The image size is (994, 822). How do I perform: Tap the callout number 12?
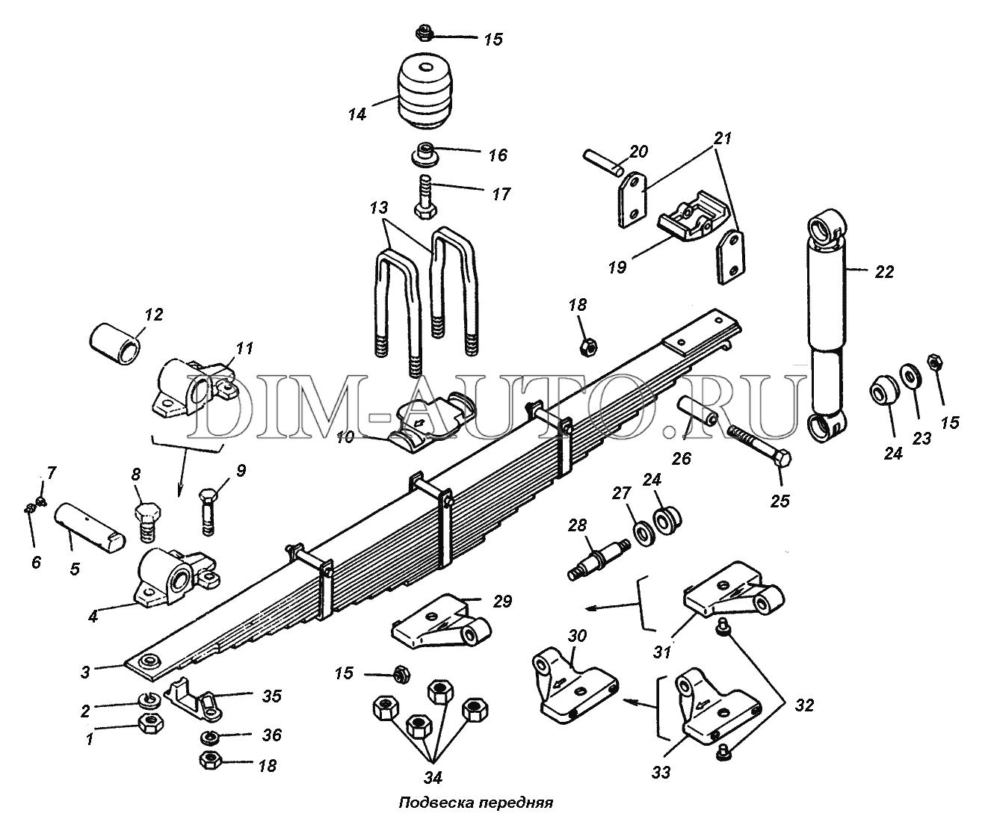tap(152, 315)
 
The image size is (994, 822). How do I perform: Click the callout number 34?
tap(433, 777)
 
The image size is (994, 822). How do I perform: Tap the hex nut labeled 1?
tap(150, 724)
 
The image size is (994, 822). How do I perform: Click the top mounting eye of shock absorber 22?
tap(827, 228)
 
